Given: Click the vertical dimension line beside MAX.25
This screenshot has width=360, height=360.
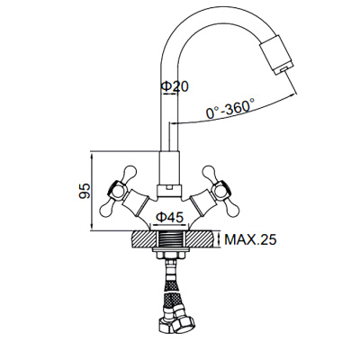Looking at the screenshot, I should click(217, 241).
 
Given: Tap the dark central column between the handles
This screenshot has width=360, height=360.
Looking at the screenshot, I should click(169, 171).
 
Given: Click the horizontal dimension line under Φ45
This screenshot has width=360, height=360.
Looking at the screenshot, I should click(169, 225).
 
